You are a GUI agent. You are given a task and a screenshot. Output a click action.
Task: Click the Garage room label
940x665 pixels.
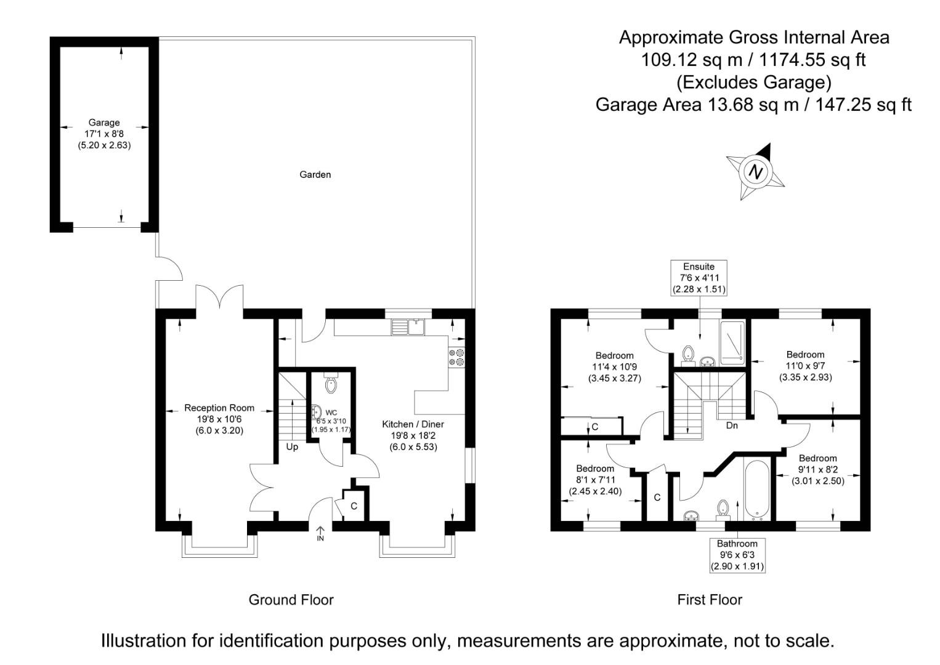click(103, 123)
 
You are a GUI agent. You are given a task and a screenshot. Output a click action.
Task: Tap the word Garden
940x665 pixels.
click(315, 175)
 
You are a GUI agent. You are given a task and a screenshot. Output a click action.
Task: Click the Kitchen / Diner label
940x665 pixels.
click(413, 424)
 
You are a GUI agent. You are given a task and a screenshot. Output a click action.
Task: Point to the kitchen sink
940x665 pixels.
click(407, 327)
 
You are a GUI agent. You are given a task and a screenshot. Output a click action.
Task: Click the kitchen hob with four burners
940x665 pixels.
click(456, 358)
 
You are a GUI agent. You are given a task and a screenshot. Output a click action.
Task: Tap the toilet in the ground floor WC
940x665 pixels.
click(331, 384)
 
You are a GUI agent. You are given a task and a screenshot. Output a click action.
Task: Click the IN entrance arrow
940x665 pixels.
click(320, 533)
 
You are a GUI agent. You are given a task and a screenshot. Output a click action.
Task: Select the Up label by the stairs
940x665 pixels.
click(292, 446)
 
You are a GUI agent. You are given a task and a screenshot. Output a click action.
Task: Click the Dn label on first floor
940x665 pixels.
click(732, 425)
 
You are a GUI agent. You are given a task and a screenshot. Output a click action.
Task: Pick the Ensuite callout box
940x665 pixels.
click(699, 278)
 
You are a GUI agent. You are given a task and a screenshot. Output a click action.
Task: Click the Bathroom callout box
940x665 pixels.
click(737, 554)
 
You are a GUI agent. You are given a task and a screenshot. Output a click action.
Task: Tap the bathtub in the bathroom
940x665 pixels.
click(756, 491)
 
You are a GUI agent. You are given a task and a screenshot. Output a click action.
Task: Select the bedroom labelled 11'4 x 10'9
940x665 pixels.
click(614, 367)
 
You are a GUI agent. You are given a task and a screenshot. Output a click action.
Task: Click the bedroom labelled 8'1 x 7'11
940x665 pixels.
click(594, 480)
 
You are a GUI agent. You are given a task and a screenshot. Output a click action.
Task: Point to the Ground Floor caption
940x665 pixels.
click(291, 600)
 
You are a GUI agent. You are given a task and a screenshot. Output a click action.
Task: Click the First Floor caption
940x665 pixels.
click(710, 600)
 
